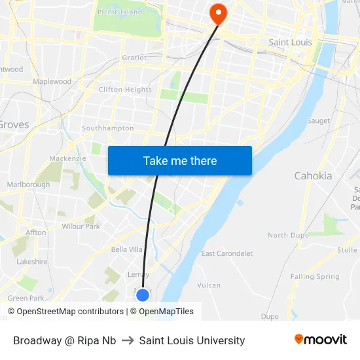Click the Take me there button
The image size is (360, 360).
(180, 160)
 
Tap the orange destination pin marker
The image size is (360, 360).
(217, 14)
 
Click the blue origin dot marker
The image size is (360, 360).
(143, 295)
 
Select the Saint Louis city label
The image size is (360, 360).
(291, 43)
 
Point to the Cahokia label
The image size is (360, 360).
(313, 175)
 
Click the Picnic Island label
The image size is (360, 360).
(120, 12)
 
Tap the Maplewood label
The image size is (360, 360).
(52, 82)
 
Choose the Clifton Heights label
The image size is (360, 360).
(125, 90)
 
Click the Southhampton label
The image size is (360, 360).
(107, 128)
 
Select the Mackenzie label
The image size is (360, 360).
(67, 158)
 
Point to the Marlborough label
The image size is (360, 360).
(28, 185)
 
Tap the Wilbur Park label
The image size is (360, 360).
(81, 226)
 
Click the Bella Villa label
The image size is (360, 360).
(126, 249)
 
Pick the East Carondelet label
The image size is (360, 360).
(226, 253)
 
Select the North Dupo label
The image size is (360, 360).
(287, 235)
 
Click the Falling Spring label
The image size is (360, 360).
(315, 277)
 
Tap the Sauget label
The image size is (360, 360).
(319, 121)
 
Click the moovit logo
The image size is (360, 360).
(320, 340)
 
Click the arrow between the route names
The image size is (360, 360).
(128, 340)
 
